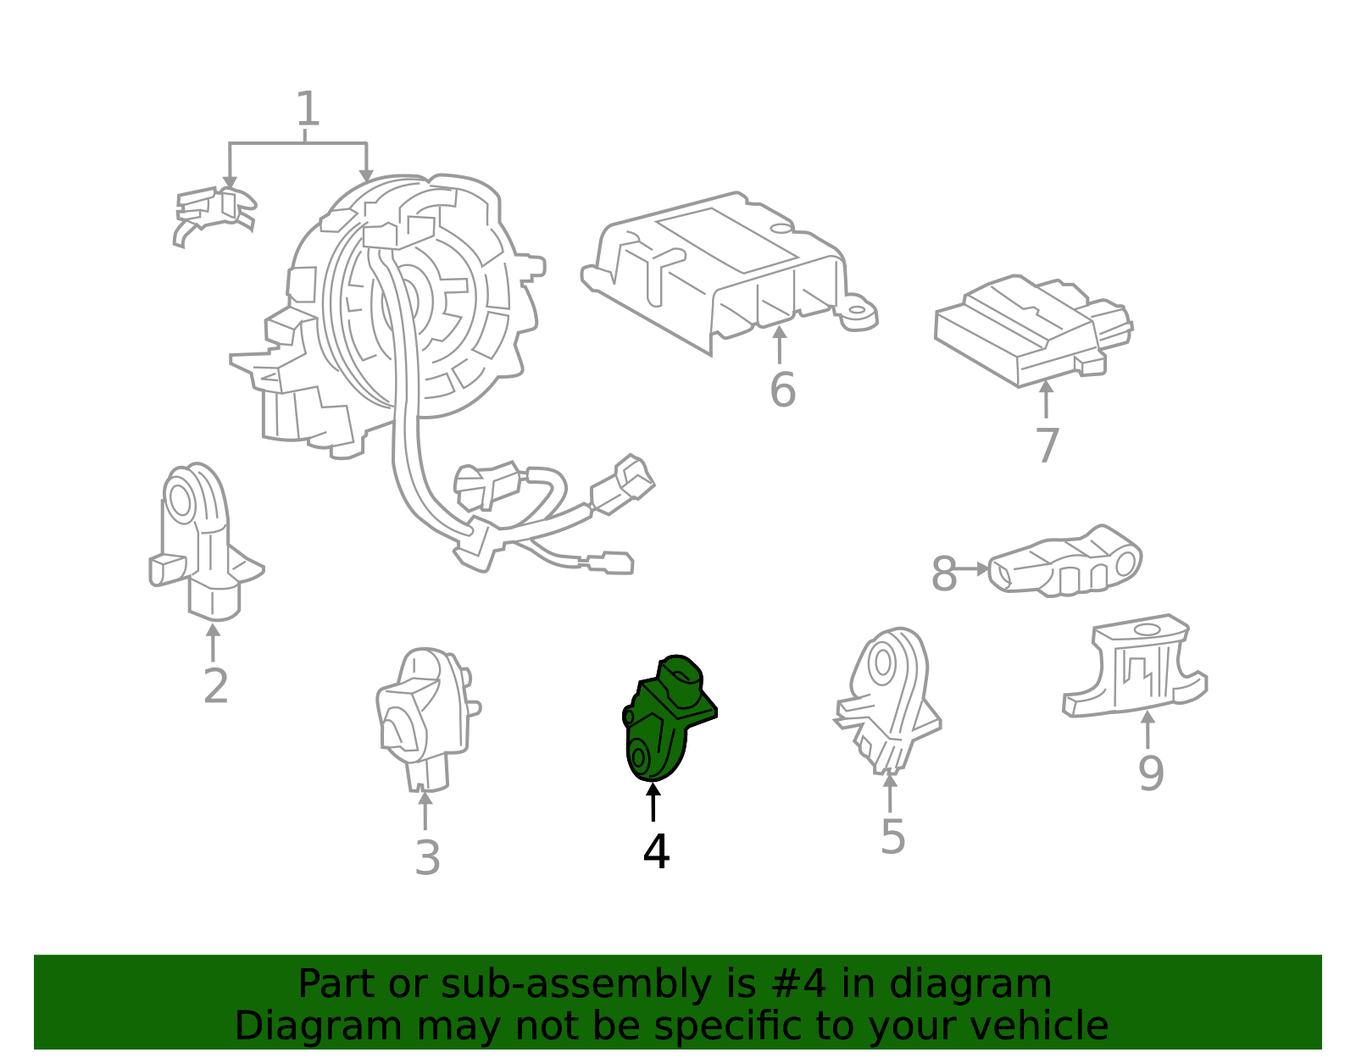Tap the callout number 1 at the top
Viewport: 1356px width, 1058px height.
[307, 108]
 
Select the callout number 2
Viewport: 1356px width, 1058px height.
[216, 686]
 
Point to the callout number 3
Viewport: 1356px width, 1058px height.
[427, 858]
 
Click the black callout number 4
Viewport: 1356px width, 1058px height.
[656, 851]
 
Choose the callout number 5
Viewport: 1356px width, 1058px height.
[892, 837]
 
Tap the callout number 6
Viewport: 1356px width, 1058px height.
[782, 390]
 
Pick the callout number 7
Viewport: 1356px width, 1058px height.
[1048, 445]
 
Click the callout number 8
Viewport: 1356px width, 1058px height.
[943, 573]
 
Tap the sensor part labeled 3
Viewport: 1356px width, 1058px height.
[427, 719]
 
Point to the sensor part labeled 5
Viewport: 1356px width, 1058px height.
[889, 701]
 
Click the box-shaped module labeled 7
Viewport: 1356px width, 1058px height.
[1033, 330]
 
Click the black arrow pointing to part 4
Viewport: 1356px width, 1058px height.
[653, 802]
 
